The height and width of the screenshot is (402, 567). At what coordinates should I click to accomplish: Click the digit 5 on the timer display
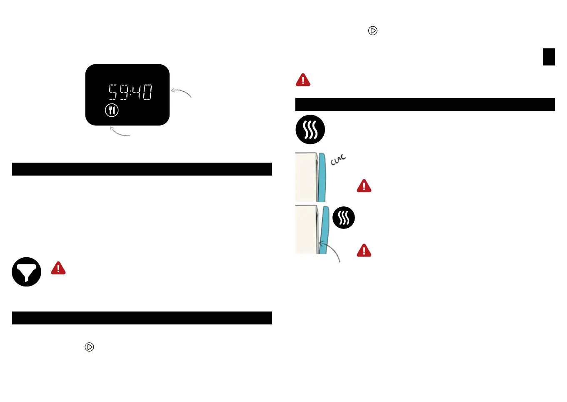(113, 92)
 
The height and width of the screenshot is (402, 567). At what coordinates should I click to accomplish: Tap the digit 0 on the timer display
(147, 92)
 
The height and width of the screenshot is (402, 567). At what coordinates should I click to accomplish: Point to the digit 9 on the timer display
(124, 92)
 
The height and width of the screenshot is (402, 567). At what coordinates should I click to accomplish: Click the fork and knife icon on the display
(112, 111)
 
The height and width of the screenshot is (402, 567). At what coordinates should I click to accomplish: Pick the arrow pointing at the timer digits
(181, 92)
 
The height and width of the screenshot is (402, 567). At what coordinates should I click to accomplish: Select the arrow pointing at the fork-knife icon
(120, 132)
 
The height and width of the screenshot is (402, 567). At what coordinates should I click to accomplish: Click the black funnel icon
(27, 272)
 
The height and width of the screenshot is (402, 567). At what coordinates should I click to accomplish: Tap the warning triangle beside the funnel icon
(58, 268)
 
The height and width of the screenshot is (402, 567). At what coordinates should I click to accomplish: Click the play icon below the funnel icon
(89, 347)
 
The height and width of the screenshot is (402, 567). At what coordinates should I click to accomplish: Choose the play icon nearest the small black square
(373, 31)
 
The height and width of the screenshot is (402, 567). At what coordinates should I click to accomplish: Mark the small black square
(549, 57)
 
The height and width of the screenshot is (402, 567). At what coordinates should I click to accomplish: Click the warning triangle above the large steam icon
(303, 80)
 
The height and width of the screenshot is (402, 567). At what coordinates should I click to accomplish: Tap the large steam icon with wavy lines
(310, 130)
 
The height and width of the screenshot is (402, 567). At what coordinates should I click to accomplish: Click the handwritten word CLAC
(338, 160)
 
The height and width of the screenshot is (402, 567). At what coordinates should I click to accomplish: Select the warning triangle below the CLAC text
(364, 186)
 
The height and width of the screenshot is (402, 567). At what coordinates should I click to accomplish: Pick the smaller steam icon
(344, 218)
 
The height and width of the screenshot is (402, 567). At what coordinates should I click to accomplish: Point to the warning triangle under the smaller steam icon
(364, 251)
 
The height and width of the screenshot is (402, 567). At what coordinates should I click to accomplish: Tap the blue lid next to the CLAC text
(322, 177)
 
